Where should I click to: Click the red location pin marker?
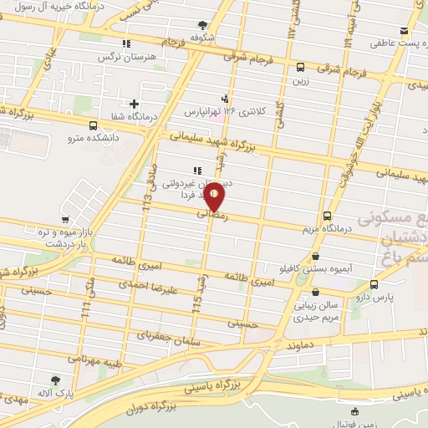215,196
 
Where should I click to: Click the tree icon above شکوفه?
201,25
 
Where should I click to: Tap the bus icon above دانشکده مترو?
79,119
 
